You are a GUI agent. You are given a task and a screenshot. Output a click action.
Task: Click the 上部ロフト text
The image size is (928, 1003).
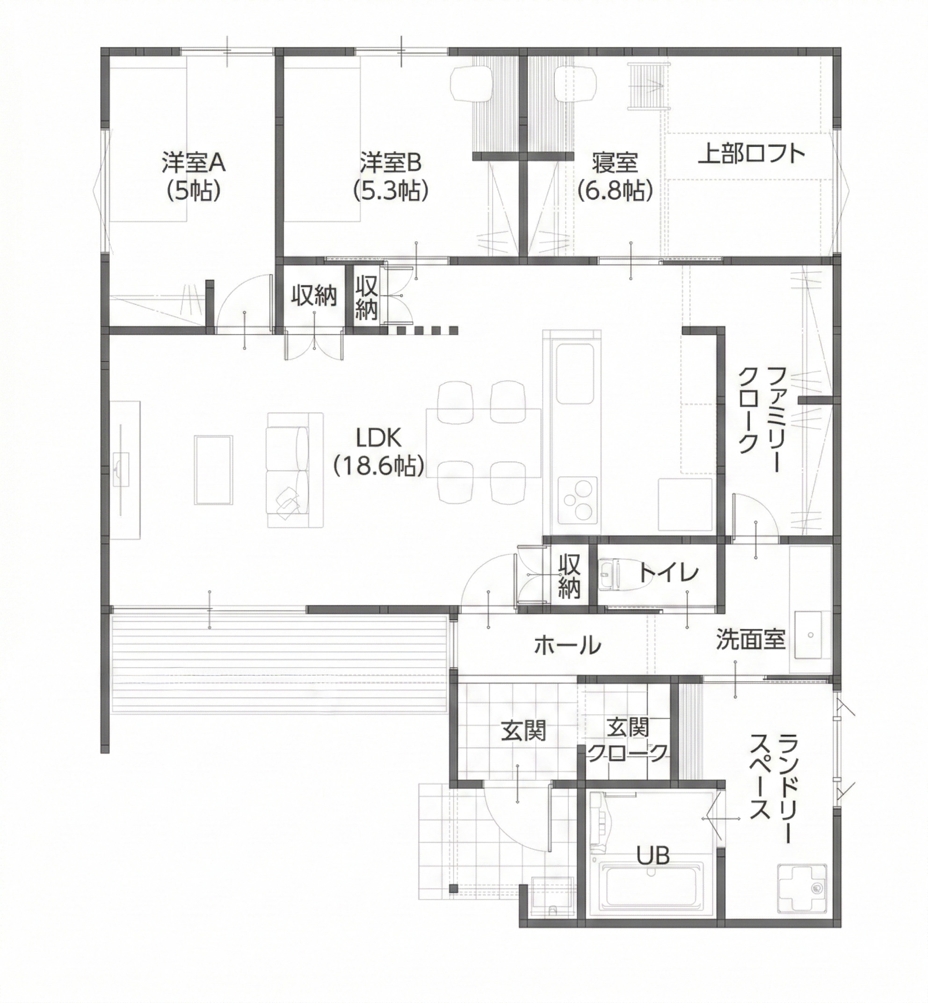click(752, 154)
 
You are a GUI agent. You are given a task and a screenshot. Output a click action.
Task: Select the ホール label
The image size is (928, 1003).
click(567, 644)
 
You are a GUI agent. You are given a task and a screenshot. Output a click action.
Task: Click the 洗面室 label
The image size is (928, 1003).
click(750, 639)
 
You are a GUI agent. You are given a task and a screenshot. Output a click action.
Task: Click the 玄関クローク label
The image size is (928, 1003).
click(628, 740)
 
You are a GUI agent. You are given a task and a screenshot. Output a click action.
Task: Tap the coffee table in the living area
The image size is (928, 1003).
click(213, 470)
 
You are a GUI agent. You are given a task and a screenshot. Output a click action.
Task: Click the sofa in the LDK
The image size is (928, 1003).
click(294, 470)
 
